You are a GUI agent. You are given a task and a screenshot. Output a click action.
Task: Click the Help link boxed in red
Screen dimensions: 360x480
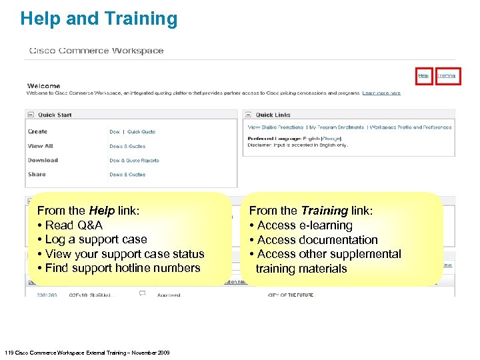423,76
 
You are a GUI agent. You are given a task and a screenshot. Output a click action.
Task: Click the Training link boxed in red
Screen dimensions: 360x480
447,76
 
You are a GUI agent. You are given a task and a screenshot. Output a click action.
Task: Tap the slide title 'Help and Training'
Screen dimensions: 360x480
99,19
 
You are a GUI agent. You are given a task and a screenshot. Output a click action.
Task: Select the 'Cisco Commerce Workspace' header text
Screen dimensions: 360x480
96,51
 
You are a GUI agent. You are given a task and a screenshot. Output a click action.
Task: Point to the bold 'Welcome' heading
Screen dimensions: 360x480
43,86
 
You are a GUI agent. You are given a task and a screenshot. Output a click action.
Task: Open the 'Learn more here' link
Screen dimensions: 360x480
381,93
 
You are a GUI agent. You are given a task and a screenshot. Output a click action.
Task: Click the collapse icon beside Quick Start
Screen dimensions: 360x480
31,115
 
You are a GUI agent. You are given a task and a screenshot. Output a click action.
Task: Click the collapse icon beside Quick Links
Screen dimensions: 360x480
249,115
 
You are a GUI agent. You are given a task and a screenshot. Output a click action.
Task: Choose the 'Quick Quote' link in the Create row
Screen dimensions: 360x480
141,132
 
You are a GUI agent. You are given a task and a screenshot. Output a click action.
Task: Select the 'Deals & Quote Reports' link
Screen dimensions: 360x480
134,161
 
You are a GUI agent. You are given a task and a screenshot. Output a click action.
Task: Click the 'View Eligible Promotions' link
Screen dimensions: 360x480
275,127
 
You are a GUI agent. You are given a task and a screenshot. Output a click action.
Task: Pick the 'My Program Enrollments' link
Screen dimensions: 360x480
337,127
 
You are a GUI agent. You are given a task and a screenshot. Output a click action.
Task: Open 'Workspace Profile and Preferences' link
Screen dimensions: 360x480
411,127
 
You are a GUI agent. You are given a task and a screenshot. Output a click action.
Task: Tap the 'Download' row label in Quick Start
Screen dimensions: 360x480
43,161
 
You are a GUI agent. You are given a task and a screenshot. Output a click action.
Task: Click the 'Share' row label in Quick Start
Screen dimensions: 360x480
37,175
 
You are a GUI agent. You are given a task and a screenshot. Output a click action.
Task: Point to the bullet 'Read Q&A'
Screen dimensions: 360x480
73,225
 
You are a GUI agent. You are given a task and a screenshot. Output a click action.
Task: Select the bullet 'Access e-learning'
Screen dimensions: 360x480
304,225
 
